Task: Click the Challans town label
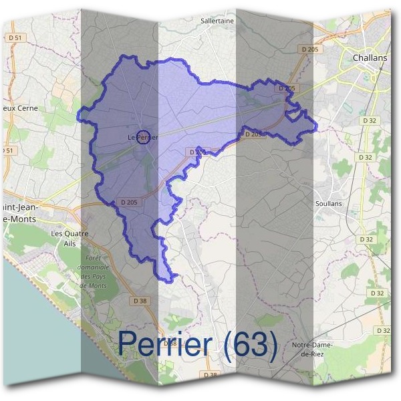[x=369, y=58]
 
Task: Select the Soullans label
[x=328, y=203]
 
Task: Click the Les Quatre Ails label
[x=70, y=238]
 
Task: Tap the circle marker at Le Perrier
[x=142, y=137]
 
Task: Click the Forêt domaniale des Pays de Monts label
[x=94, y=271]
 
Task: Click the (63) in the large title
[x=251, y=344]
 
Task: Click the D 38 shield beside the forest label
[x=140, y=301]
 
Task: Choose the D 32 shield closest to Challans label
[x=369, y=120]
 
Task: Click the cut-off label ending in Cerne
[x=19, y=108]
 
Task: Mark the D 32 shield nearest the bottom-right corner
[x=383, y=331]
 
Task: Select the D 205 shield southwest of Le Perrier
[x=129, y=202]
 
